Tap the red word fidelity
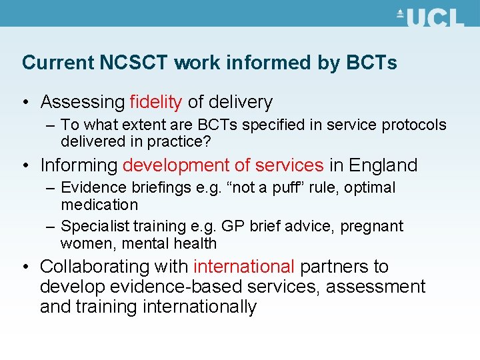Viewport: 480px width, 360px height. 156,102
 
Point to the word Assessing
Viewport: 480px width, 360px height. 83,102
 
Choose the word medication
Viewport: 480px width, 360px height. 99,204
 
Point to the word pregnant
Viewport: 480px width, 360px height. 372,227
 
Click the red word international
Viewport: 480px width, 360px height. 244,267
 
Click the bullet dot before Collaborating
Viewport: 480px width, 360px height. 25,267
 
